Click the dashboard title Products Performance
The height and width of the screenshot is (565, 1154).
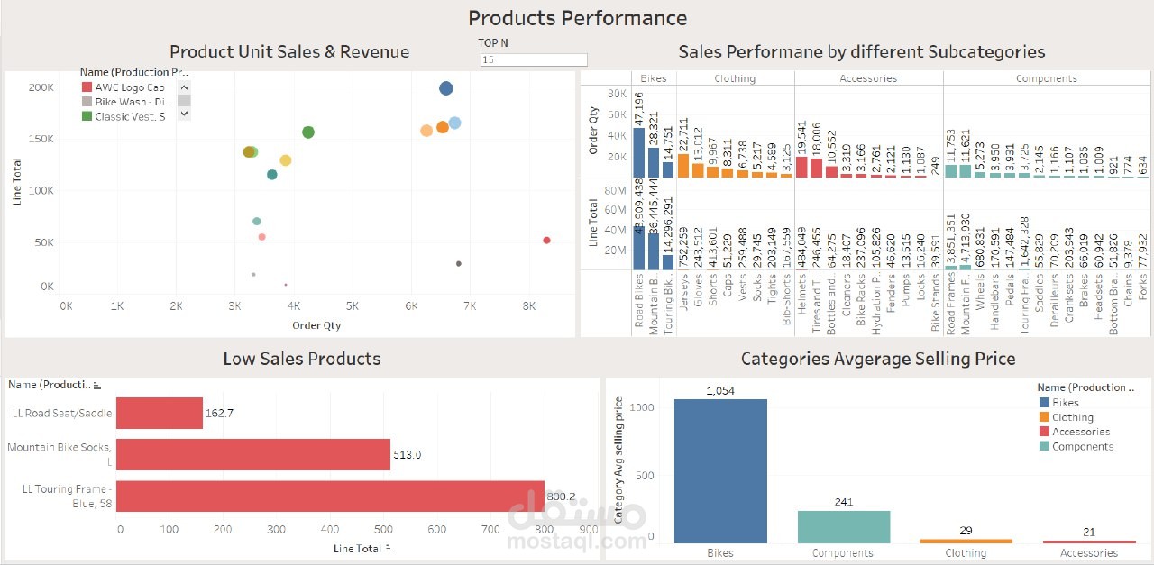[577, 18]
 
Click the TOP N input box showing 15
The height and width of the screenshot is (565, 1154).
[534, 59]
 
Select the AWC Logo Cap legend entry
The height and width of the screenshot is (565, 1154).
[130, 87]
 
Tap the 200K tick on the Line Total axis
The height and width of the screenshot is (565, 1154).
[41, 87]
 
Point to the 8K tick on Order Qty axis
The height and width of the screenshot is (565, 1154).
[529, 306]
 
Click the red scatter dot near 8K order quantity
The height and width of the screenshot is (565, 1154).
[546, 240]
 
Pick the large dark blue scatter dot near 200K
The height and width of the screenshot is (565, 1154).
[445, 87]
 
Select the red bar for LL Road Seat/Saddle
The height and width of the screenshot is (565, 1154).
[159, 413]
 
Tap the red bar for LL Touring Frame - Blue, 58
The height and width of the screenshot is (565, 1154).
[330, 497]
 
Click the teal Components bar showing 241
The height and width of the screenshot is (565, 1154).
[843, 526]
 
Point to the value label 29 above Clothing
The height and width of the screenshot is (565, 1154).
[966, 531]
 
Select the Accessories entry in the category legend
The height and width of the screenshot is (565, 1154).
[1081, 432]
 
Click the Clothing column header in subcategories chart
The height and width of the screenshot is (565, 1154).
[735, 78]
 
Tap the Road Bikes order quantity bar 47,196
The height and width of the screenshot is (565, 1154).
[638, 152]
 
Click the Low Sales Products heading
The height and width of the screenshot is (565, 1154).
[301, 359]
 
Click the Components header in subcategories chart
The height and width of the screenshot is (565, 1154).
[1046, 78]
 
